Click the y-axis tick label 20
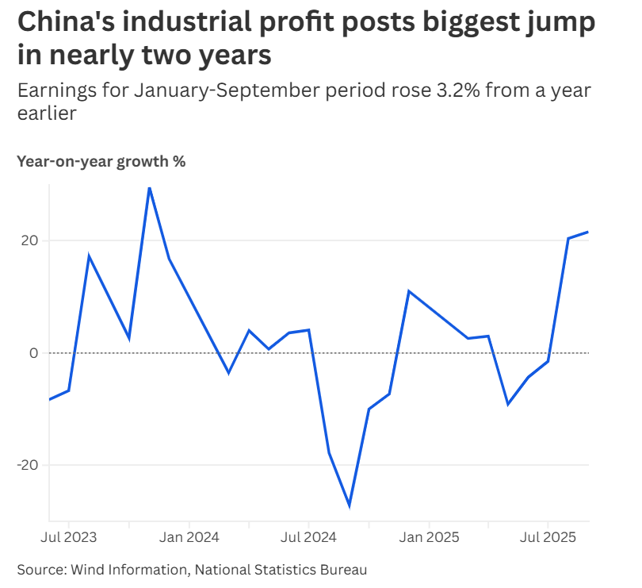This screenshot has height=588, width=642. (x=29, y=240)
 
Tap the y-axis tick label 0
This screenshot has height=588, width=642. (x=33, y=352)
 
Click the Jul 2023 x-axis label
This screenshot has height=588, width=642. (x=68, y=537)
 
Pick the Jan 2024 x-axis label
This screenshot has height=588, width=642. (x=189, y=537)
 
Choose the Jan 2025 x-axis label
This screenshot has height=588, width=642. (x=429, y=537)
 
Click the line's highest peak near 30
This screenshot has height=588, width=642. (x=149, y=187)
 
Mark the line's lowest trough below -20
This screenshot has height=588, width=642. (x=350, y=505)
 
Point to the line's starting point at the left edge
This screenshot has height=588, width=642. (x=49, y=399)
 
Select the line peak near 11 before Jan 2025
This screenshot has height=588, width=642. (x=409, y=291)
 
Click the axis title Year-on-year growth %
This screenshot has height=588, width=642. (x=101, y=162)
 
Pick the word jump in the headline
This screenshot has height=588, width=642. (x=555, y=23)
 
